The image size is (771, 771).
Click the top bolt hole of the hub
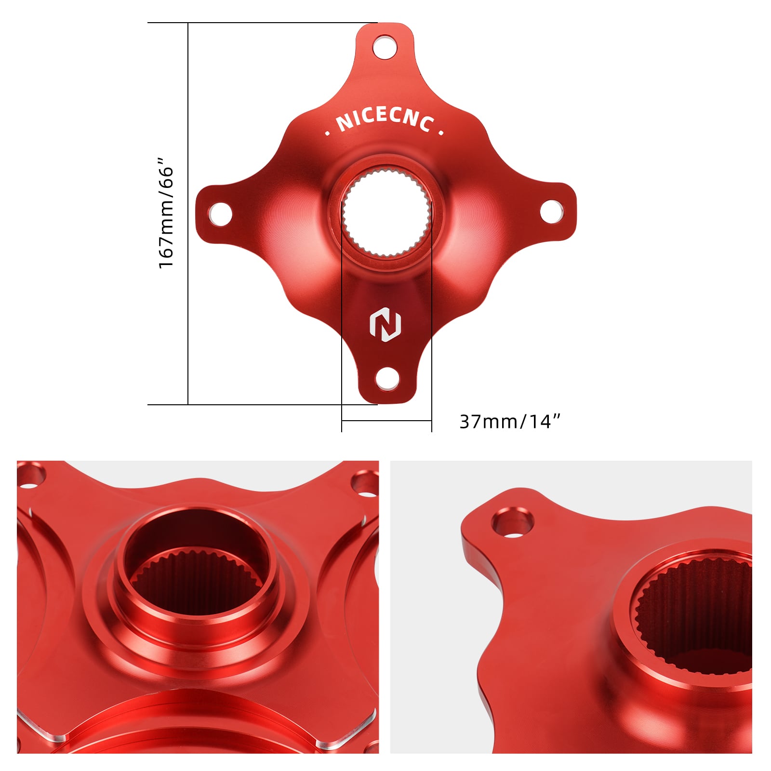point(385,47)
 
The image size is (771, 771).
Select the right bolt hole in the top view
point(551,212)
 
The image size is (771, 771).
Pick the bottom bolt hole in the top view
point(387,379)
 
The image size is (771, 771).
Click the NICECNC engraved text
point(385,120)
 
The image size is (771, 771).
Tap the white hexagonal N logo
point(385,324)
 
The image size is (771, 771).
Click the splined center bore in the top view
point(386,213)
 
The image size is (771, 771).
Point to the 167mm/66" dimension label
point(166,213)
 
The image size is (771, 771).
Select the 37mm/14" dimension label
point(510,422)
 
